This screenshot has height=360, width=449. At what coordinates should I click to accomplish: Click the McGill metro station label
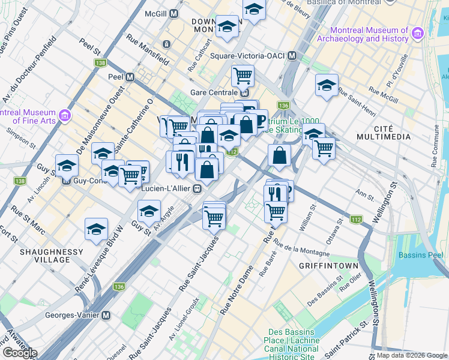(x=157, y=13)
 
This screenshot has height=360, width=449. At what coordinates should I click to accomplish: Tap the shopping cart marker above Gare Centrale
(x=243, y=76)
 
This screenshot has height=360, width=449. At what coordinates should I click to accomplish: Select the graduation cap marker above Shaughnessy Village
(x=96, y=229)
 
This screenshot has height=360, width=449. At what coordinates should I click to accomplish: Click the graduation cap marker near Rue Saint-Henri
(x=327, y=85)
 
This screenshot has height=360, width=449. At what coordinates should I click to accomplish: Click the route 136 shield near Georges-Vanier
(x=119, y=287)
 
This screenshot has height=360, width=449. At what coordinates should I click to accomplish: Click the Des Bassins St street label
(x=321, y=298)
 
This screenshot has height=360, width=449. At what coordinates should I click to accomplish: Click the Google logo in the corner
(x=20, y=353)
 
